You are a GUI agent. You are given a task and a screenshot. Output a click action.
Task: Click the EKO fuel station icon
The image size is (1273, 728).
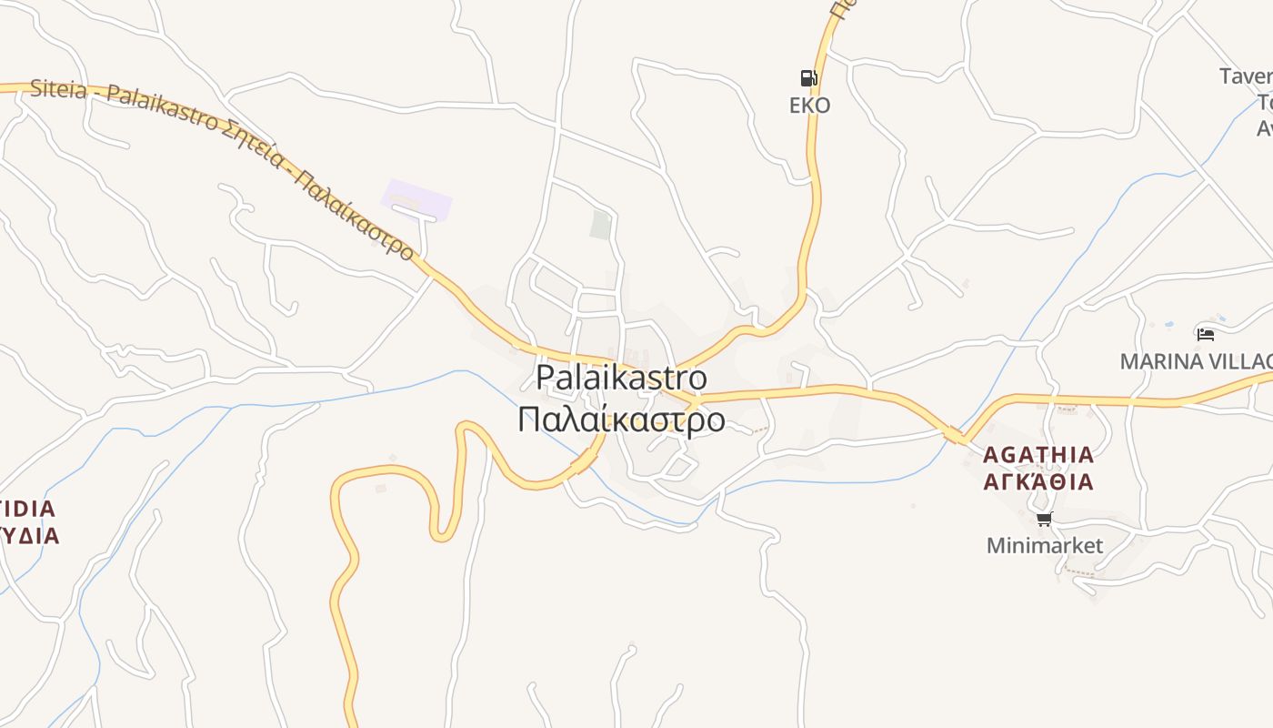pos(807,77)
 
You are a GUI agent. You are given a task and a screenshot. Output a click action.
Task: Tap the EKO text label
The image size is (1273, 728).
pos(809,106)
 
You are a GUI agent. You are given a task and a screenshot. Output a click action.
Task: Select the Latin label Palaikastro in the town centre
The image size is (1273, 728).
pos(621,377)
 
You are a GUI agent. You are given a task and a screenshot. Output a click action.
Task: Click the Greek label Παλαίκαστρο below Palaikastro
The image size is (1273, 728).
pos(621,420)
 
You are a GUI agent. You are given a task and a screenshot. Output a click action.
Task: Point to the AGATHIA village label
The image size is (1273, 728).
pos(1038,454)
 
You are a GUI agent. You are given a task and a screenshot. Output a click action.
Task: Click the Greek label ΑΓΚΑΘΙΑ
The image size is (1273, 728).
pos(1038,481)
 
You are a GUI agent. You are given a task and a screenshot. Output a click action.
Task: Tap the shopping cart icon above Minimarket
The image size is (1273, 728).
pos(1044,520)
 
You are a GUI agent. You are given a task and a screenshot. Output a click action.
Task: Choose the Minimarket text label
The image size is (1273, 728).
pos(1044,546)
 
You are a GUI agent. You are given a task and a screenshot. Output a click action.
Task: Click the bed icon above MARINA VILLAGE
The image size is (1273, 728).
pos(1206,335)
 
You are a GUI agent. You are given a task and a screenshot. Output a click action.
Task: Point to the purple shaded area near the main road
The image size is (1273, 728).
pos(416,199)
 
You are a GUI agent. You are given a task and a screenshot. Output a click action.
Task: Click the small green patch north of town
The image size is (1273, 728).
pos(600,224)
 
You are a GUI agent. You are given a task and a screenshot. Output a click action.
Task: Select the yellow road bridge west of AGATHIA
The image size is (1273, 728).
pos(956,436)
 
